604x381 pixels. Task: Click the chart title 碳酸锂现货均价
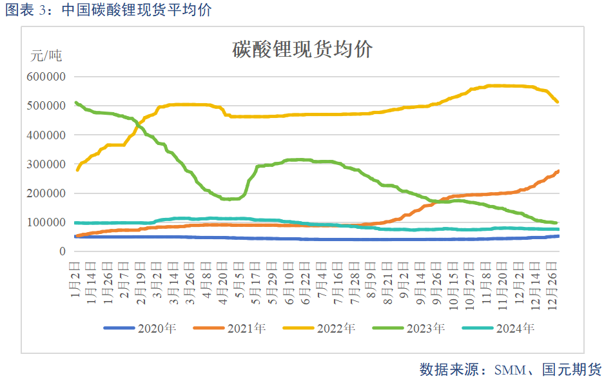coord(302,49)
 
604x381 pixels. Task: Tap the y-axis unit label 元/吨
coord(46,56)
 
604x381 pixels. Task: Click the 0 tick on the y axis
coord(63,251)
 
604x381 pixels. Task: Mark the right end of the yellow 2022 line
coord(558,102)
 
